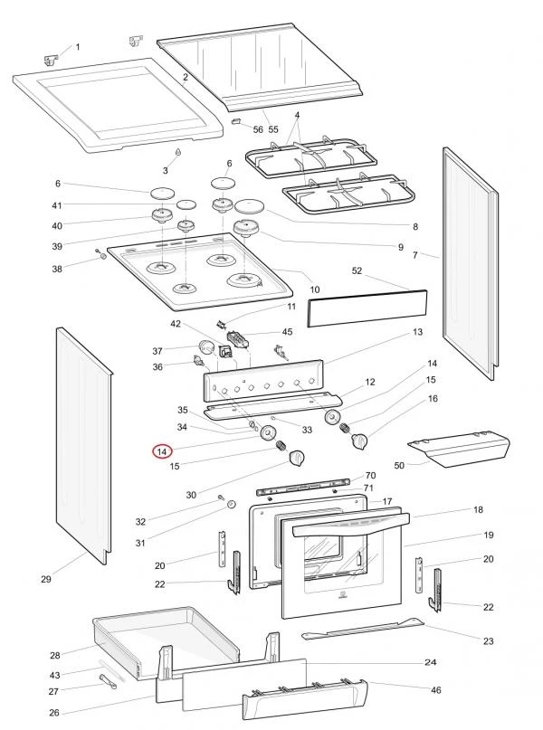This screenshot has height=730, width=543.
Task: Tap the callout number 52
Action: [x=357, y=270]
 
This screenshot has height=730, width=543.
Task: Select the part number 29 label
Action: [x=46, y=579]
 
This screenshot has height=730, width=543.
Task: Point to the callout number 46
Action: [x=436, y=690]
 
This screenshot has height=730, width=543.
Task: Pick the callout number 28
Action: [x=54, y=655]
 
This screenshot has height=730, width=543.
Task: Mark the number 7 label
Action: [x=414, y=256]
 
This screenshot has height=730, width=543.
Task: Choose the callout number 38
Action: [x=57, y=269]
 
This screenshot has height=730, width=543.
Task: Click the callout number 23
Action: [x=489, y=641]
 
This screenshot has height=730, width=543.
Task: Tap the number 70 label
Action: [x=370, y=476]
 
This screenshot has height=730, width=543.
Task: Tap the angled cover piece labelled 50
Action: [x=458, y=448]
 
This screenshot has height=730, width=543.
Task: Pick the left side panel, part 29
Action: [x=82, y=443]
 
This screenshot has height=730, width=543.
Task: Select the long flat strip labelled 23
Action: [x=362, y=627]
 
